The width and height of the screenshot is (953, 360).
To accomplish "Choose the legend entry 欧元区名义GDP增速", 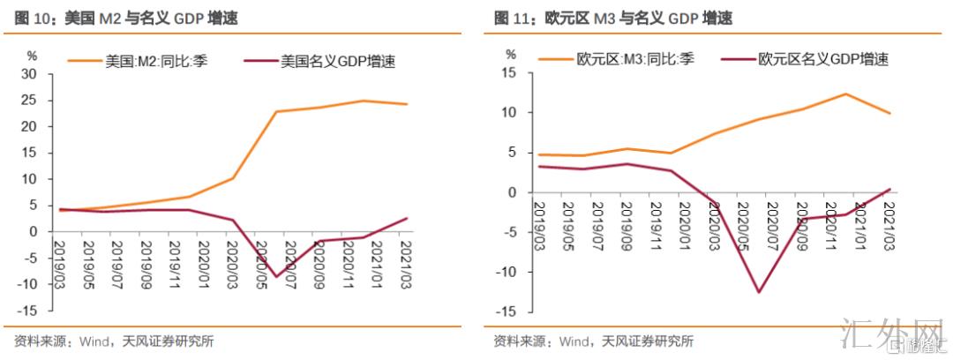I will coord(822,60).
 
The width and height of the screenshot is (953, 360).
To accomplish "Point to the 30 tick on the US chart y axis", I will coord(29,74).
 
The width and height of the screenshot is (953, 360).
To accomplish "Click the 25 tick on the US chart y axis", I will coord(29,101).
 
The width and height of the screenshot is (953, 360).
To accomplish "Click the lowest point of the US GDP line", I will coord(275,277).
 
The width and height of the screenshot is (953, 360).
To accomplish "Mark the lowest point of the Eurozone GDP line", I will coord(757,292).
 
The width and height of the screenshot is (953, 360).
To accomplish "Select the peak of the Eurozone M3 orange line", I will coord(845,94).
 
